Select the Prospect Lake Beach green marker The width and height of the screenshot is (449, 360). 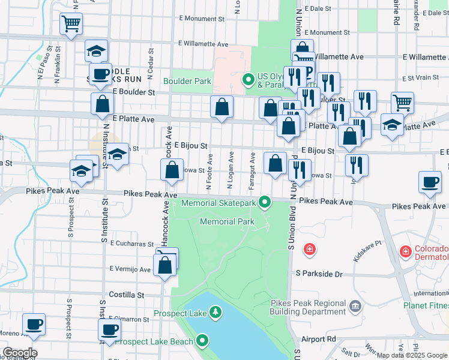coord(203,341)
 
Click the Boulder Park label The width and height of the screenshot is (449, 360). coord(187,80)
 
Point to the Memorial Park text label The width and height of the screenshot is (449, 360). coord(227,221)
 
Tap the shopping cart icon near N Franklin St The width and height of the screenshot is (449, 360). coord(71,25)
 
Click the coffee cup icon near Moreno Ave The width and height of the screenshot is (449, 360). coord(34,325)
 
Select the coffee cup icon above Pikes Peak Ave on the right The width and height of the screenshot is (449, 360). coord(430,182)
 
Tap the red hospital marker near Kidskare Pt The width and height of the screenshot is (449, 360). coord(310,248)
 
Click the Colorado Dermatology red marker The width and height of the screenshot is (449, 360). coord(406,250)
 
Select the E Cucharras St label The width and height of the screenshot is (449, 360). coord(132,244)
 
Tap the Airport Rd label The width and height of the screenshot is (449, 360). coord(319,339)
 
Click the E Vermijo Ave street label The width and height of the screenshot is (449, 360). coord(130,269)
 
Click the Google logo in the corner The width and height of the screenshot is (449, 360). coord(20,353)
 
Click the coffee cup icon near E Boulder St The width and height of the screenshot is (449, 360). coord(100,74)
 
